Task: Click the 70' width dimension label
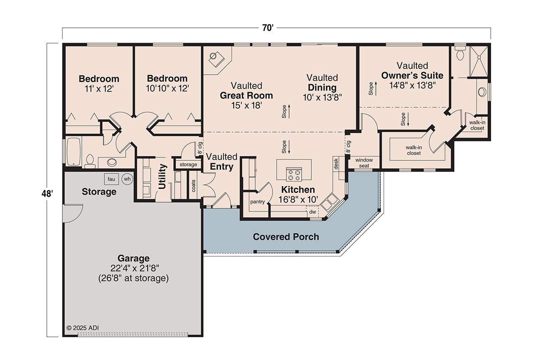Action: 267,28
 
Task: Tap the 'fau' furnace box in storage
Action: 111,179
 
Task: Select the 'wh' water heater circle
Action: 127,179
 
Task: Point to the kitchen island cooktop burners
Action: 294,174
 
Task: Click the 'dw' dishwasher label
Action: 313,212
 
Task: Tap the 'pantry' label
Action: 257,202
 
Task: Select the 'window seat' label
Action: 364,163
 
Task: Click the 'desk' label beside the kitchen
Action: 336,164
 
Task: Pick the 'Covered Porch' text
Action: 286,237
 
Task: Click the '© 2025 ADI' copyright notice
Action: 83,328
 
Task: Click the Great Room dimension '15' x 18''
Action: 246,105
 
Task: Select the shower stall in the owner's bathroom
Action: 479,62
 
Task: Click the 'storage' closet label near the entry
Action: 188,164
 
